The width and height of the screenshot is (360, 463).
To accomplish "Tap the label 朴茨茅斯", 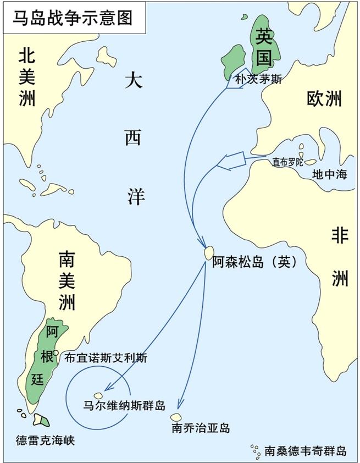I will [x=258, y=79].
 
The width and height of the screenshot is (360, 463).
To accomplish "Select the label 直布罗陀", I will [x=287, y=162].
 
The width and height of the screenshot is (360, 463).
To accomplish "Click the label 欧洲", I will [x=324, y=98].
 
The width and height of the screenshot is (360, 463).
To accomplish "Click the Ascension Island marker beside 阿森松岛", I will [x=208, y=253].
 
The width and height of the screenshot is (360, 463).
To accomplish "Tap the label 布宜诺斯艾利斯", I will [x=106, y=357].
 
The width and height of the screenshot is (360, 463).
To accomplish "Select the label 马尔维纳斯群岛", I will [x=124, y=406].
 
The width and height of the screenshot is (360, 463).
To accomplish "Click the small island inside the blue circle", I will [x=99, y=395].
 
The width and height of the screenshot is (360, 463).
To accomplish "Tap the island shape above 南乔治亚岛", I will [x=176, y=418].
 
